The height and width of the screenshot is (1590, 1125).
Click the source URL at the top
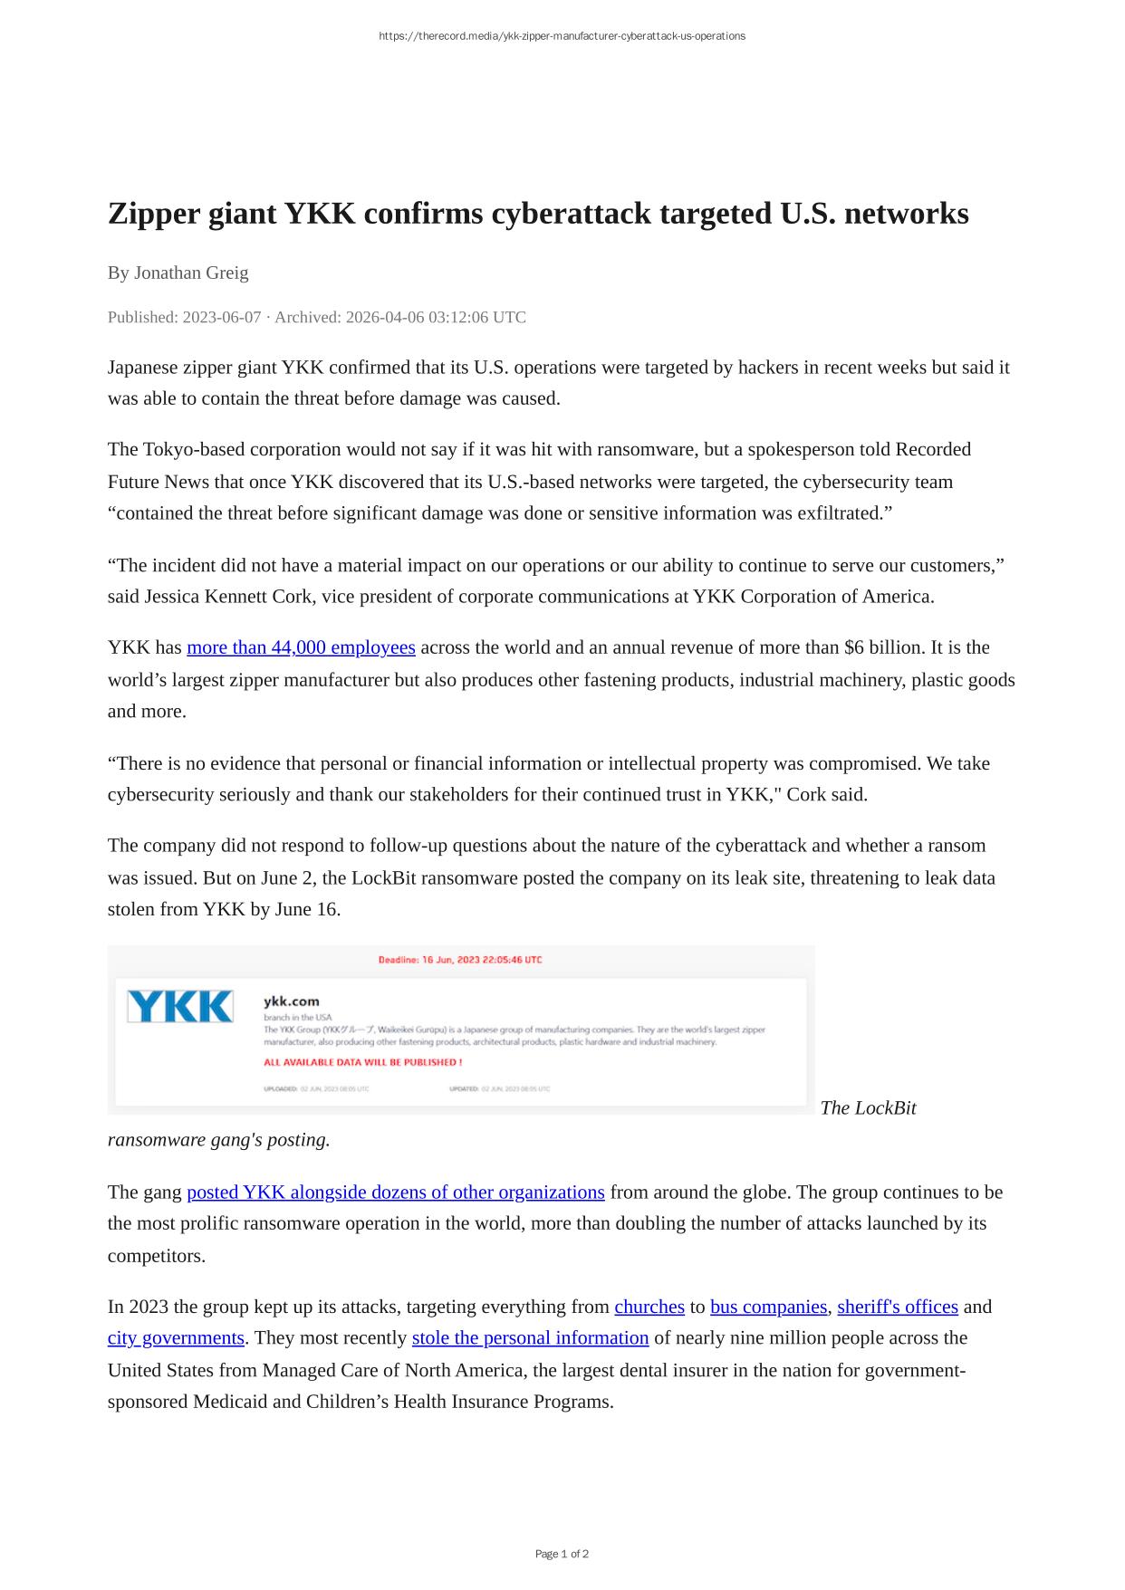[562, 36]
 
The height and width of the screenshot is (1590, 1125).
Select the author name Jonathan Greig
[191, 273]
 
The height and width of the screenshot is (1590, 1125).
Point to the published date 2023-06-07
[222, 317]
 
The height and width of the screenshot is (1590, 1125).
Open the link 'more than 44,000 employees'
[301, 647]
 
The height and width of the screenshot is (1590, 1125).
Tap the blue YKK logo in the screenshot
[180, 1007]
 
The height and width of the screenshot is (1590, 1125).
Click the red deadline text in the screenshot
[460, 960]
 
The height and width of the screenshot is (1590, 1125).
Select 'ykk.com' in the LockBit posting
[292, 1001]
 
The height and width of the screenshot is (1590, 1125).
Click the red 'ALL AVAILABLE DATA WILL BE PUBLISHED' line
[362, 1062]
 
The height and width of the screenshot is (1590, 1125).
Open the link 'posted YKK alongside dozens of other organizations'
[395, 1192]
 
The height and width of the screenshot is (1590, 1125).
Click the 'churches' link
[649, 1307]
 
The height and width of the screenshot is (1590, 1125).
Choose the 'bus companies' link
[768, 1307]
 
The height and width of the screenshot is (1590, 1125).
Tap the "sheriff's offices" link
[897, 1307]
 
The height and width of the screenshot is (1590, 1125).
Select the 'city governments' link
[176, 1338]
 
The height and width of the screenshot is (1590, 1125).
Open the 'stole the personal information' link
[530, 1338]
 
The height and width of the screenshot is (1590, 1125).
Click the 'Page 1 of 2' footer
[562, 1554]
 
